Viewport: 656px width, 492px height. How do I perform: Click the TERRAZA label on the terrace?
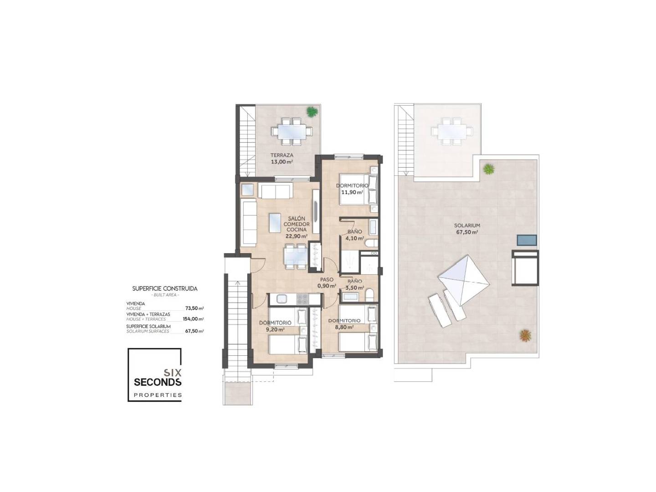282,155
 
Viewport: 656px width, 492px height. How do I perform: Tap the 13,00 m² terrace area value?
282,162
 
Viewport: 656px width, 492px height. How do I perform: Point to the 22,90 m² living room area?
297,236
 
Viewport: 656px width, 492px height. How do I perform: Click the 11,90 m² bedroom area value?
352,192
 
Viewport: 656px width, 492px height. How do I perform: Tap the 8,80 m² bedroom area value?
344,327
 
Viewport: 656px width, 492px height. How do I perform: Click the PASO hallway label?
327,280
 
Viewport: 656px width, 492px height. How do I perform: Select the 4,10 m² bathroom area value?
355,238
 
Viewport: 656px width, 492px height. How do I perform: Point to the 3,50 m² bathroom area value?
355,288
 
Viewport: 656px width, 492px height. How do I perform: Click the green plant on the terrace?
312,112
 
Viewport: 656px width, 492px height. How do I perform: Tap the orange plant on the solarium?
525,335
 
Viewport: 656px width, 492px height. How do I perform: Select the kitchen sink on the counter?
282,299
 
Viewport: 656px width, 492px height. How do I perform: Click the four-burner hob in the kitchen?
302,299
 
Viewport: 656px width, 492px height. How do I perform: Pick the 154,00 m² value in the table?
193,319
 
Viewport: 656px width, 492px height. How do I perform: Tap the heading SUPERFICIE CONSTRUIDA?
164,288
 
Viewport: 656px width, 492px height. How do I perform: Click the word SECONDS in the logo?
158,382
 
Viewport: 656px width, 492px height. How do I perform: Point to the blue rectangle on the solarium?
527,240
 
